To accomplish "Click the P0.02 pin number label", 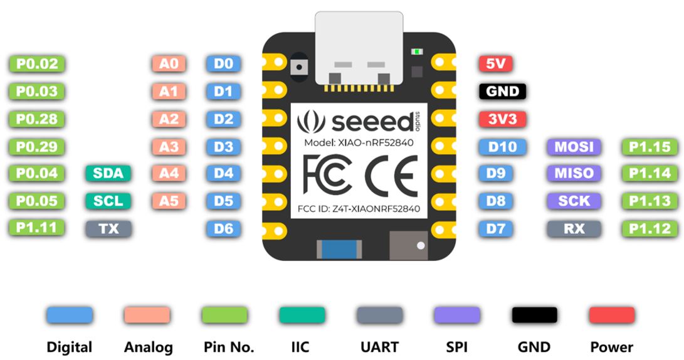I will (38, 63).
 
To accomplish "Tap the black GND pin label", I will (502, 92).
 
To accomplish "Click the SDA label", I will (108, 173).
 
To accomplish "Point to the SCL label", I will (108, 201).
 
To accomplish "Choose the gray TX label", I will (108, 229).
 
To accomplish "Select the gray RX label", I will (574, 229).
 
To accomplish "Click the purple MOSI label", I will (574, 147).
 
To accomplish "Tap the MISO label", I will (574, 173).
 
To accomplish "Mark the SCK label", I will (574, 201).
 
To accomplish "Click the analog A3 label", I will (169, 147).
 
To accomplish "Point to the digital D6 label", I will (223, 229).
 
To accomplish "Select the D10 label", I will (502, 147).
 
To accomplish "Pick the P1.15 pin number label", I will (650, 147).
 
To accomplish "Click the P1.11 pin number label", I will (38, 228).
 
